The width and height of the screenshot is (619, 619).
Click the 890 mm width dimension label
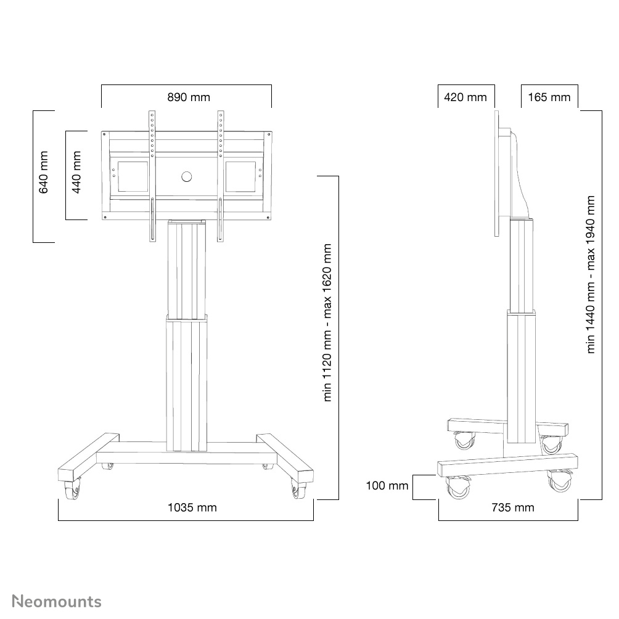click(x=189, y=97)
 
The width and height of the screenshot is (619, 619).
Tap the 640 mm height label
click(x=44, y=177)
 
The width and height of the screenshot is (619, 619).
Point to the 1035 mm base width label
click(x=192, y=507)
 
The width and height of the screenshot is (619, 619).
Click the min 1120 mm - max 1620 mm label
click(x=327, y=322)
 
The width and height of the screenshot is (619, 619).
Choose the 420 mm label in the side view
click(x=465, y=97)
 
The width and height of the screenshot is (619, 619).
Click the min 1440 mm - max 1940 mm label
click(x=591, y=274)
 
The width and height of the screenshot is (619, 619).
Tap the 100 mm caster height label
click(x=387, y=486)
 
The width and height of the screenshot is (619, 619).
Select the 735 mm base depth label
click(x=513, y=507)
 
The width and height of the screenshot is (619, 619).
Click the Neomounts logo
click(x=57, y=601)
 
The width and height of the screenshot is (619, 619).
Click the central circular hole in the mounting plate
click(x=187, y=177)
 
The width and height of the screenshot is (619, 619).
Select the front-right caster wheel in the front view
click(x=300, y=491)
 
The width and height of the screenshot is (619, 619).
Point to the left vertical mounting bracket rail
click(x=151, y=176)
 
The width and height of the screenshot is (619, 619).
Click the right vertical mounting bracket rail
click(x=219, y=176)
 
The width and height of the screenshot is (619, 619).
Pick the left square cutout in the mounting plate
click(x=129, y=176)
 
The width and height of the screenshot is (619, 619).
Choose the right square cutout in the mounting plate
click(x=240, y=176)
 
